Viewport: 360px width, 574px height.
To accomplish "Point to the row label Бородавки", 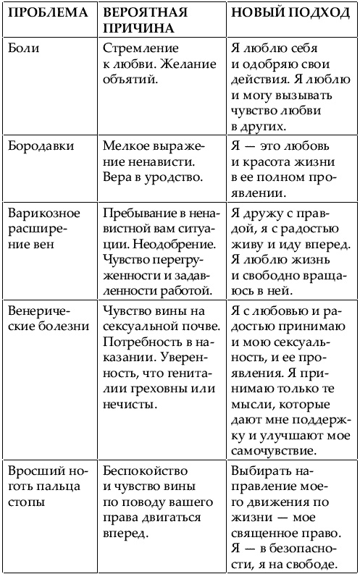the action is pos(38,144).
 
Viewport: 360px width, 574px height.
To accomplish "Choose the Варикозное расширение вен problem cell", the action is pos(41,226).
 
